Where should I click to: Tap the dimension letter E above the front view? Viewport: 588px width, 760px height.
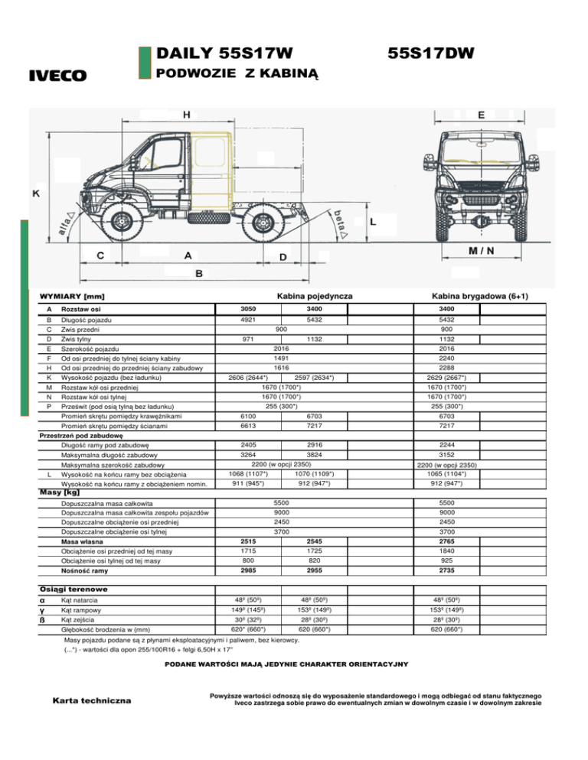pos(481,115)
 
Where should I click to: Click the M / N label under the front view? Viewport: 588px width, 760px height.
pos(482,251)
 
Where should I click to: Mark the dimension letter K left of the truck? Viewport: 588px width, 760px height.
pos(35,193)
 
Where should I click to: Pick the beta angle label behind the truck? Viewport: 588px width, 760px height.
pos(342,218)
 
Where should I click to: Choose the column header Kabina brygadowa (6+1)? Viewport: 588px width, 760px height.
pos(479,295)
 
